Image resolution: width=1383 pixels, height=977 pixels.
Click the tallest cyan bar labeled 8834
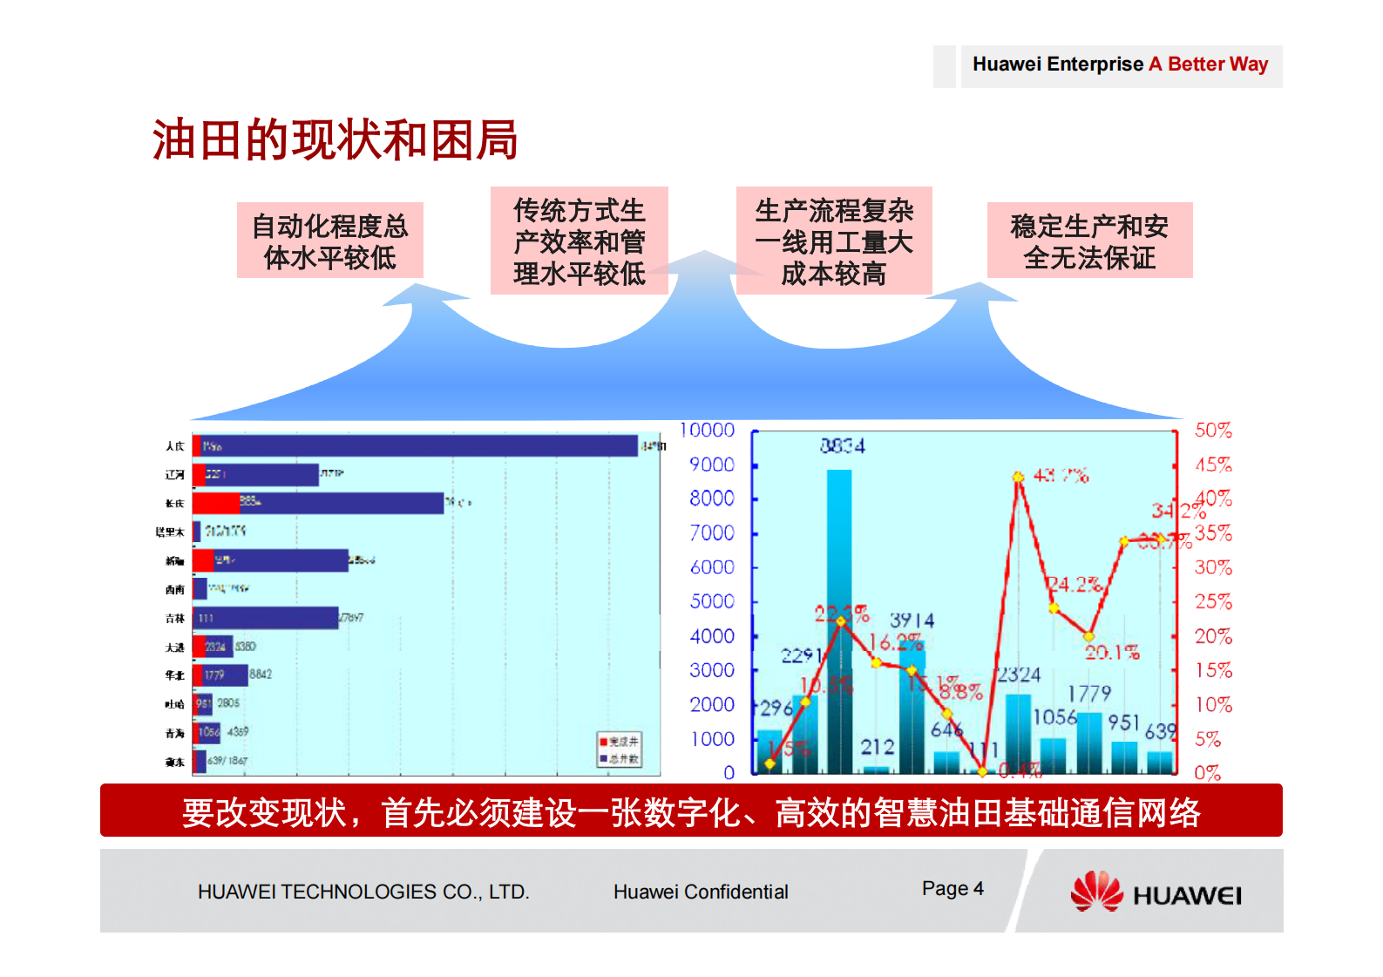click(x=839, y=619)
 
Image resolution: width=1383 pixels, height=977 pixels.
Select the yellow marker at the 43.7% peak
click(x=1018, y=477)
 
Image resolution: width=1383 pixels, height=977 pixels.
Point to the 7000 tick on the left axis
click(x=712, y=533)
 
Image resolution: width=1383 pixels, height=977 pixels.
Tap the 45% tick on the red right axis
click(x=1213, y=465)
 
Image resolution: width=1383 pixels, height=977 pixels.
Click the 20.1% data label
click(x=1112, y=652)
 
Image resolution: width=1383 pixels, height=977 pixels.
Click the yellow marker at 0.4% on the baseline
click(x=983, y=771)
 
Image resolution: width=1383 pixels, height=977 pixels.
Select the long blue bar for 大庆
click(x=418, y=445)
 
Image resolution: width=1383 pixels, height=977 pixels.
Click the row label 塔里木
click(x=170, y=532)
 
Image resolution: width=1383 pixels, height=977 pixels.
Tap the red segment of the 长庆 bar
click(x=215, y=503)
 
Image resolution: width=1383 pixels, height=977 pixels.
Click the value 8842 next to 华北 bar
click(x=261, y=674)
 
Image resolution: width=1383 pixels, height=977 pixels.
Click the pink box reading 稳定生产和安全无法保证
click(x=1089, y=241)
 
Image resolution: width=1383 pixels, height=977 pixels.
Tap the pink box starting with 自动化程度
click(x=329, y=241)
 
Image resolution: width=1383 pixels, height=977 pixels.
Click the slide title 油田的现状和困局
click(x=335, y=139)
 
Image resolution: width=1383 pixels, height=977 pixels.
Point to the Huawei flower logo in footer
click(x=1096, y=891)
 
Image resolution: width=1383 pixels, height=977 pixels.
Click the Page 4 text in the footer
click(x=953, y=888)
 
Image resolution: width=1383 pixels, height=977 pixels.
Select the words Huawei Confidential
click(x=701, y=892)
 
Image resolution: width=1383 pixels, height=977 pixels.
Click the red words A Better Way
click(x=1208, y=64)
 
